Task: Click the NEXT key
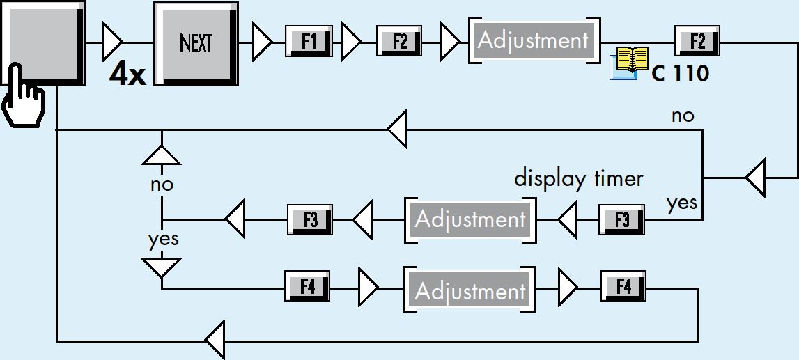(x=196, y=44)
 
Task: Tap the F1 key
(x=309, y=41)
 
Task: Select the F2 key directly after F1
(x=400, y=41)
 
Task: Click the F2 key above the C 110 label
(x=697, y=41)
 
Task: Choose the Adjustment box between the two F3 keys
(x=470, y=219)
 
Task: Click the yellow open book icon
(x=630, y=63)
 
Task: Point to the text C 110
(x=681, y=75)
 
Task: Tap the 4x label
(x=127, y=75)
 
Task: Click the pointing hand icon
(x=24, y=95)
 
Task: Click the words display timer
(x=578, y=179)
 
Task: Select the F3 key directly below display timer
(x=621, y=219)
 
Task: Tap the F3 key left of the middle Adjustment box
(x=310, y=219)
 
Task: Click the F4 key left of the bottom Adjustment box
(x=307, y=287)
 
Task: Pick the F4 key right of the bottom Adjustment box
(x=623, y=287)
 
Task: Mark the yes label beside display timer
(x=682, y=203)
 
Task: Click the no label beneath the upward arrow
(x=162, y=185)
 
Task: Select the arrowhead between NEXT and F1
(x=263, y=42)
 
